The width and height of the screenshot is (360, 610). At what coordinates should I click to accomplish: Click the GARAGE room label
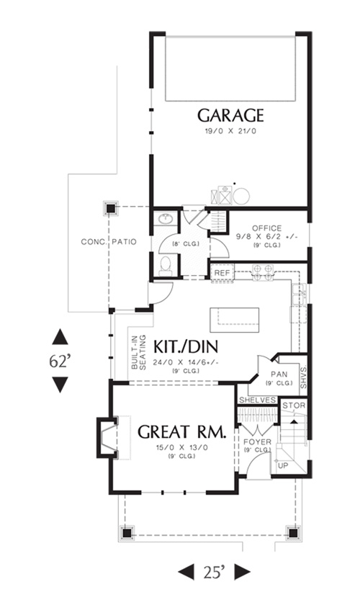[230, 115]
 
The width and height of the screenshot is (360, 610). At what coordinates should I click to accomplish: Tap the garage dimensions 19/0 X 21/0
[230, 132]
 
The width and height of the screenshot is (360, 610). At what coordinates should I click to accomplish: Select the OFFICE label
[266, 228]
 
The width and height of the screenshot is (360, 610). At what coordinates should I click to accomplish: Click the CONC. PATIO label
[109, 242]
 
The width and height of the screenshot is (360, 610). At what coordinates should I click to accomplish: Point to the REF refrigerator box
[222, 273]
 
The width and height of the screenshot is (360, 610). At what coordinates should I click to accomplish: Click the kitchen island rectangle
[235, 320]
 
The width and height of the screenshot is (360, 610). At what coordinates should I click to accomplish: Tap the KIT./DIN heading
[186, 346]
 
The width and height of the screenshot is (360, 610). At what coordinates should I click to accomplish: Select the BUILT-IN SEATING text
[138, 352]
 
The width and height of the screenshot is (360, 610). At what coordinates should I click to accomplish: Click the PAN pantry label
[279, 374]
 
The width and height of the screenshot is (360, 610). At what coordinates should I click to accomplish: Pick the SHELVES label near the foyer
[257, 400]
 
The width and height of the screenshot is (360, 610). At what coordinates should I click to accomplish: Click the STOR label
[294, 405]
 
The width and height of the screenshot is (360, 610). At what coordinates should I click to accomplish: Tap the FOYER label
[257, 442]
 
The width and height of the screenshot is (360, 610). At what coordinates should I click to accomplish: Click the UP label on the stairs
[284, 466]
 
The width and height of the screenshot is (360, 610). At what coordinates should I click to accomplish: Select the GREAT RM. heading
[182, 432]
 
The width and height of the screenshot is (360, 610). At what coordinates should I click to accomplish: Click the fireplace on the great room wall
[107, 438]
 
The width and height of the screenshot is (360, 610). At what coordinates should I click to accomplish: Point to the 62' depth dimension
[60, 362]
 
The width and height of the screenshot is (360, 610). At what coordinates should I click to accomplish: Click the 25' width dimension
[214, 573]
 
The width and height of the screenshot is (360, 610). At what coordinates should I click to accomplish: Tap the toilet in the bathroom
[166, 266]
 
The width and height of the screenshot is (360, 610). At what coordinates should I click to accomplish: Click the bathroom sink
[166, 220]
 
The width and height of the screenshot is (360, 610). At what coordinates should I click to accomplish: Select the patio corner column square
[111, 209]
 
